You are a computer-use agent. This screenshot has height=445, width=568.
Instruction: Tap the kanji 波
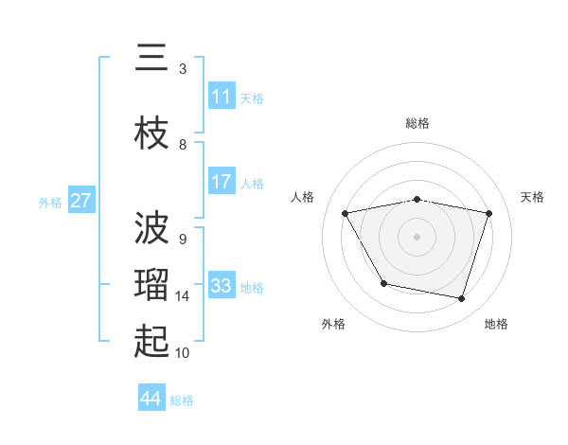coord(151,227)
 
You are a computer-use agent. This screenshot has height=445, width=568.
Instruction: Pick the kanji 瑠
coord(151,285)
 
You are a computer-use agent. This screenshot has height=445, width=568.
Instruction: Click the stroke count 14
coord(184,296)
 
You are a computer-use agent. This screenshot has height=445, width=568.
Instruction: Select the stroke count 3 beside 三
coord(183,69)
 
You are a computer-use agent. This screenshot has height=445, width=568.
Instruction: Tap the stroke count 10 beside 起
coord(184,353)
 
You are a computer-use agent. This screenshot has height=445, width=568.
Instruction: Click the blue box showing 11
coord(222,97)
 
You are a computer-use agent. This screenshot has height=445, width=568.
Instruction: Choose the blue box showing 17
coord(222,182)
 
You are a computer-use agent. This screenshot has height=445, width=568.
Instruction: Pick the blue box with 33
coord(222,286)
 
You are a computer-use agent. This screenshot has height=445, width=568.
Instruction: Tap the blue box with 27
coord(81,201)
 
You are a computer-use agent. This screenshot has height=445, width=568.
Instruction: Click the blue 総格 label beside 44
coord(182,400)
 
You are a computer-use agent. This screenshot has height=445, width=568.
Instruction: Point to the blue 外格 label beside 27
coord(50,202)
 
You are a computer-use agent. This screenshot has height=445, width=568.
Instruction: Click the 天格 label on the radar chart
coord(533,197)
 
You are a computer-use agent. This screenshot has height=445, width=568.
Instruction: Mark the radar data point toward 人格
coord(346,214)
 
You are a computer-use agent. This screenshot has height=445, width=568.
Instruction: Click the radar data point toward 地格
coord(461,299)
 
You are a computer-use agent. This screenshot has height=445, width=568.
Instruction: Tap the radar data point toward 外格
coord(383,283)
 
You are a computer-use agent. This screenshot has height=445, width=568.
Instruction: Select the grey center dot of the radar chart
coord(417,237)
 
